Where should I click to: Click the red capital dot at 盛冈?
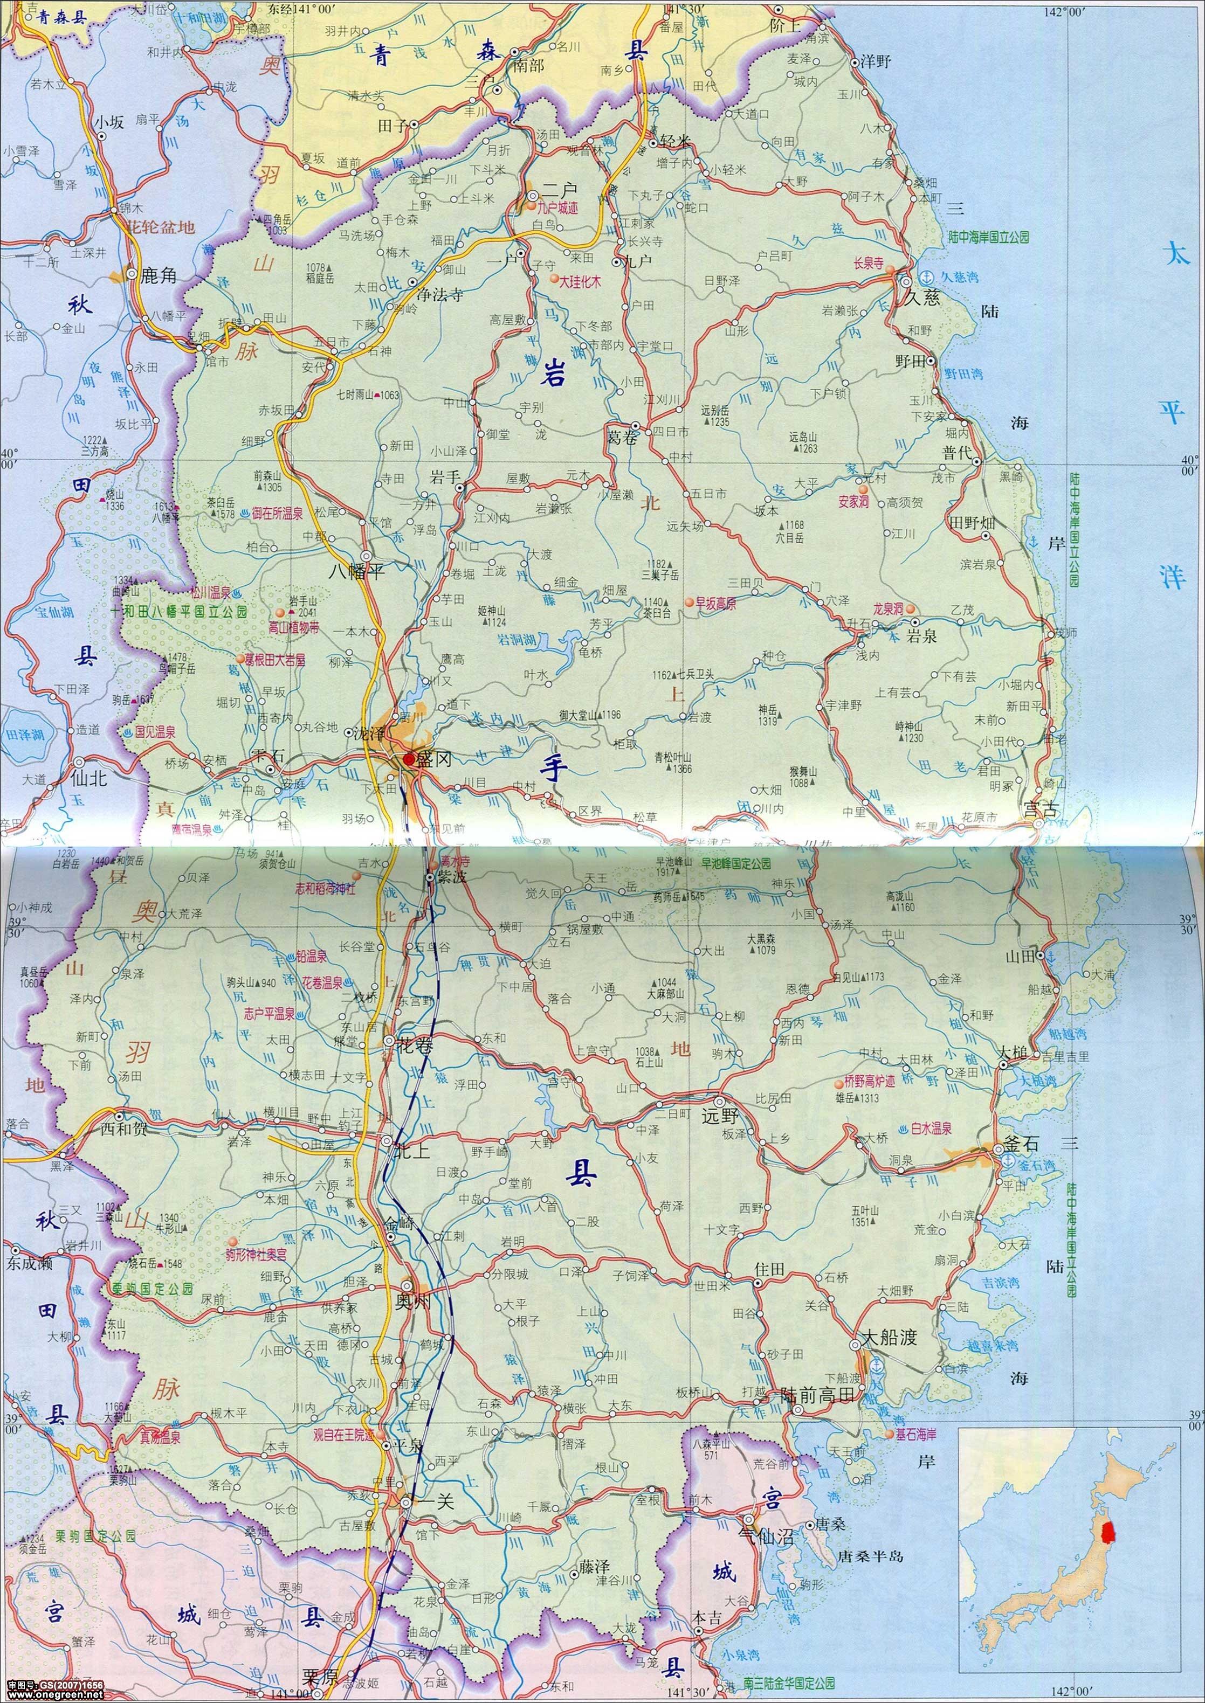click(x=409, y=759)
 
